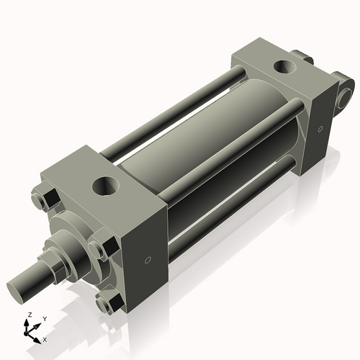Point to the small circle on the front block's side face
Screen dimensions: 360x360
(148, 260)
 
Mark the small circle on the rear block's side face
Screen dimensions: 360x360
(319, 130)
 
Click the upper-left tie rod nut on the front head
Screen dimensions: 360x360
(50, 199)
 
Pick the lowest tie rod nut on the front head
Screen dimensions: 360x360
(106, 305)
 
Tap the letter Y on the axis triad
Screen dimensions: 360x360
(44, 319)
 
